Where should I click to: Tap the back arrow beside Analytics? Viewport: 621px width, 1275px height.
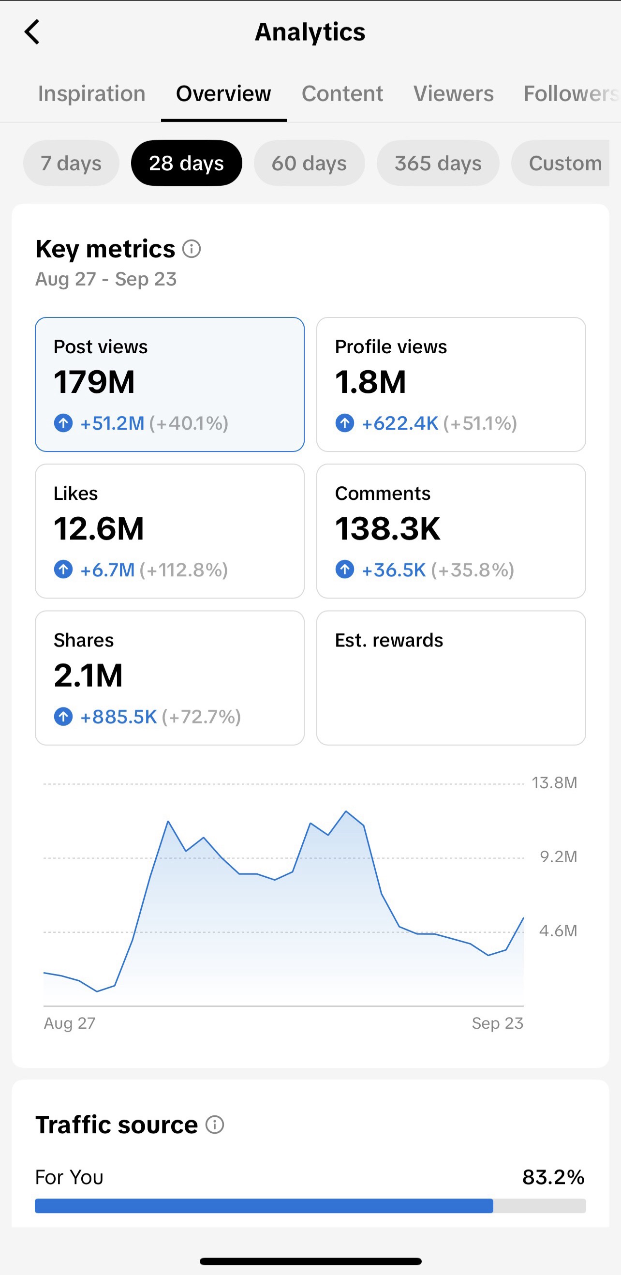click(x=31, y=32)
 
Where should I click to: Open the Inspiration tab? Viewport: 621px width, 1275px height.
click(x=92, y=93)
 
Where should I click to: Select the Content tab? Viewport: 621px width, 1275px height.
click(x=342, y=93)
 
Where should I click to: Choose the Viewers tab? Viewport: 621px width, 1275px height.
click(x=454, y=93)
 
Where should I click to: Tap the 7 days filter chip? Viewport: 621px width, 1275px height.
click(x=71, y=163)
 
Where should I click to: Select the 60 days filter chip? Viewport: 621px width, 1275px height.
click(x=309, y=163)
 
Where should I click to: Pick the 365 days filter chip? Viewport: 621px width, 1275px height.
click(x=438, y=163)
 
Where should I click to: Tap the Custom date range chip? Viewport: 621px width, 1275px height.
click(x=565, y=163)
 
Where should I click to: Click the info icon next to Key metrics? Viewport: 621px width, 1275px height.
click(x=192, y=248)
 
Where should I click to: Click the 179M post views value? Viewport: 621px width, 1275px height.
click(x=94, y=382)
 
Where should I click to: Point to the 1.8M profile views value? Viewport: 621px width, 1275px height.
click(x=370, y=382)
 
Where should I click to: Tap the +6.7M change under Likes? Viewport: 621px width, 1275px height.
click(x=107, y=570)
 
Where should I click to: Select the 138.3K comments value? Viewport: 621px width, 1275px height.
click(x=387, y=528)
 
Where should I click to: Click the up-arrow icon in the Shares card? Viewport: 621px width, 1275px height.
click(x=63, y=716)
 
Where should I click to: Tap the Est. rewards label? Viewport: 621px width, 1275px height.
click(x=389, y=640)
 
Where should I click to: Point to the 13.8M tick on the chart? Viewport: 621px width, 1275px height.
click(x=554, y=782)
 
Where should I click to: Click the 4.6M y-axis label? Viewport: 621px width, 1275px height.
click(x=558, y=930)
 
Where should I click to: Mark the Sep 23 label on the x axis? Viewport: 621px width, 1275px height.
click(x=497, y=1023)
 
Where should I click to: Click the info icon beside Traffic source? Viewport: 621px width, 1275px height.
click(x=215, y=1125)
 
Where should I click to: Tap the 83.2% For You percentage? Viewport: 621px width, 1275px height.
click(x=553, y=1177)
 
